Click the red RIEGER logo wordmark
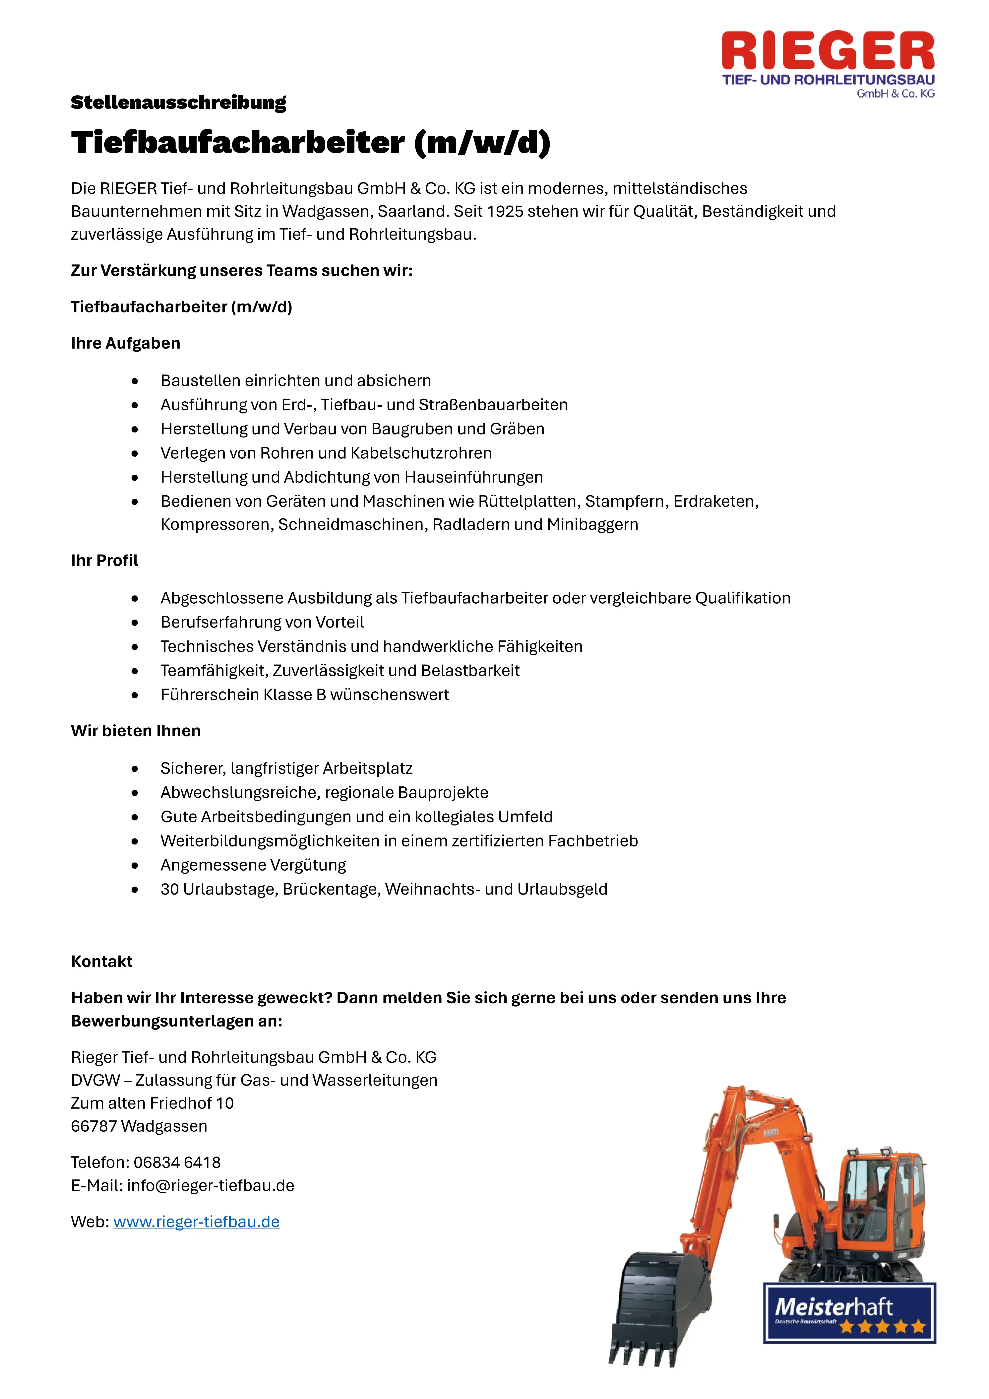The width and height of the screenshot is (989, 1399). click(828, 52)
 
